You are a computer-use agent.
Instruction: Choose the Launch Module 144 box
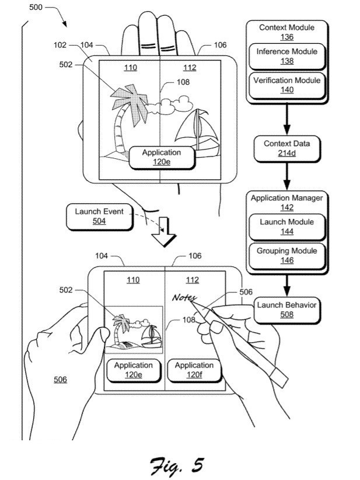286,227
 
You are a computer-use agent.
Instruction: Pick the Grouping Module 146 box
286,255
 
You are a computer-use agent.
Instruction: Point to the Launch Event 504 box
99,216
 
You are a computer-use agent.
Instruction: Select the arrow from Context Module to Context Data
286,120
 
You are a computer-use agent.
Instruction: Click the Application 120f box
194,370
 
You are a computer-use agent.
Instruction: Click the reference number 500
36,9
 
